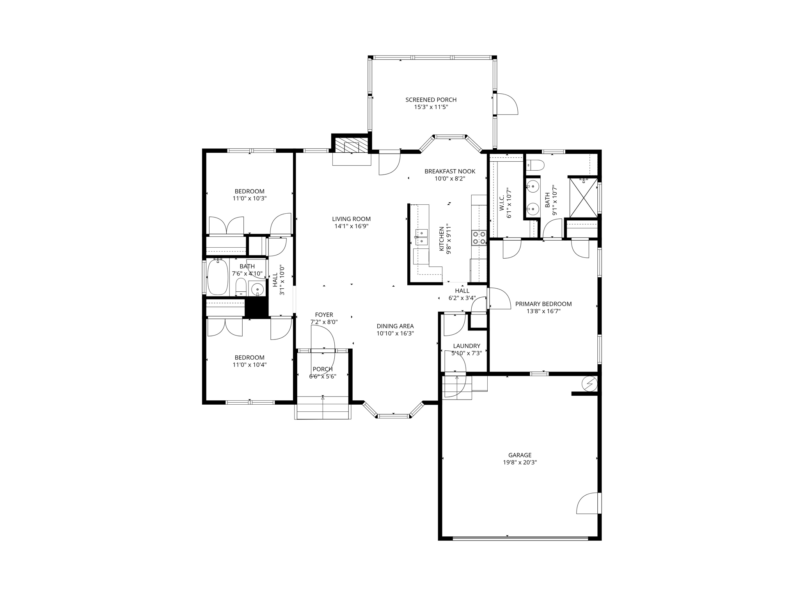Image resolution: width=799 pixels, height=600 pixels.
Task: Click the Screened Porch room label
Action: [431, 100]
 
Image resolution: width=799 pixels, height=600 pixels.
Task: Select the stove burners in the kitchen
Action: [479, 237]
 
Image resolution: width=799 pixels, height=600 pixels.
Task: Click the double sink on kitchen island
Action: [421, 237]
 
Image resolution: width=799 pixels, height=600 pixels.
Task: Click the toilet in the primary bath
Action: [535, 165]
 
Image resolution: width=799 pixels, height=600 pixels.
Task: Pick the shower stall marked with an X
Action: [583, 198]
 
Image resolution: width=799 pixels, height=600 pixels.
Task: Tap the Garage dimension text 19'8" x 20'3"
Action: [520, 462]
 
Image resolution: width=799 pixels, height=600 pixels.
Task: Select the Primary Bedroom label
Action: [543, 304]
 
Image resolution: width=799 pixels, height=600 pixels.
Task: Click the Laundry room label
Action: [466, 346]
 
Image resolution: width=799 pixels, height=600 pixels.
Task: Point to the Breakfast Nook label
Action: [449, 171]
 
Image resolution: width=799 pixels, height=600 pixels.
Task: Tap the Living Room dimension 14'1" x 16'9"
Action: [351, 226]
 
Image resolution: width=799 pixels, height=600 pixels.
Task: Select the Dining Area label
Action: [395, 326]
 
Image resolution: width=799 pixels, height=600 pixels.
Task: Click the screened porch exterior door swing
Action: [507, 104]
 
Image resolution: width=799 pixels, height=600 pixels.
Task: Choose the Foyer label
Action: [324, 315]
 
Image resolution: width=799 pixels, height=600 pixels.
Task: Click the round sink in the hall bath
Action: [257, 289]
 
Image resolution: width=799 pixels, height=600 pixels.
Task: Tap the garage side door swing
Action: [588, 504]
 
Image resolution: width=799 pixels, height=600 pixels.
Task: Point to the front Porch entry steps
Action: [323, 407]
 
